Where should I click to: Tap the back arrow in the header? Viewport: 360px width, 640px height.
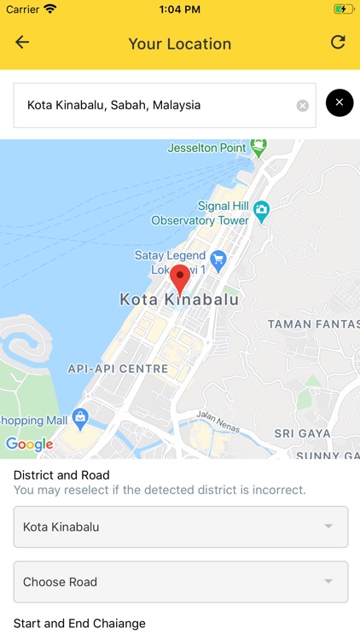click(22, 43)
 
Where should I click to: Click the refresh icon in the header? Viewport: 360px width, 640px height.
click(338, 43)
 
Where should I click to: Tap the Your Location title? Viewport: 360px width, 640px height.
click(179, 44)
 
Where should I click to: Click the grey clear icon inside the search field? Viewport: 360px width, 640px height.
click(302, 106)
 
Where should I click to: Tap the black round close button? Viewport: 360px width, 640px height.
click(340, 103)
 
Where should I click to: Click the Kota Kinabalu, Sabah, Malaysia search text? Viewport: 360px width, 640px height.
click(113, 105)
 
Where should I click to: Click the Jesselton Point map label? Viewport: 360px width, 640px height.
click(206, 148)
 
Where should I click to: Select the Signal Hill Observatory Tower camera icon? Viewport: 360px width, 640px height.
click(262, 209)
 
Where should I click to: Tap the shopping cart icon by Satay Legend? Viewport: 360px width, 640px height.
click(218, 257)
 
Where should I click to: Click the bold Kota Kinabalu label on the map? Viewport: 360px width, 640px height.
click(179, 300)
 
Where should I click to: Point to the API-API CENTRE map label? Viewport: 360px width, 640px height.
click(118, 369)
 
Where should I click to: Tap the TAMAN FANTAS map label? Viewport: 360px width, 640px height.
click(313, 324)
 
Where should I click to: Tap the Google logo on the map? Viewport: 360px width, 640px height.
click(29, 444)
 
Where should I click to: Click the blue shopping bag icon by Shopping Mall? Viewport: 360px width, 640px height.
click(81, 418)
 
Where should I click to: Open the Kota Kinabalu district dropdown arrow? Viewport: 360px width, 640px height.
click(328, 527)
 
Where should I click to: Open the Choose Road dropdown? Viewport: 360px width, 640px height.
click(181, 582)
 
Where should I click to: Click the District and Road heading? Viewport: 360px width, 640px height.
click(61, 475)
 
